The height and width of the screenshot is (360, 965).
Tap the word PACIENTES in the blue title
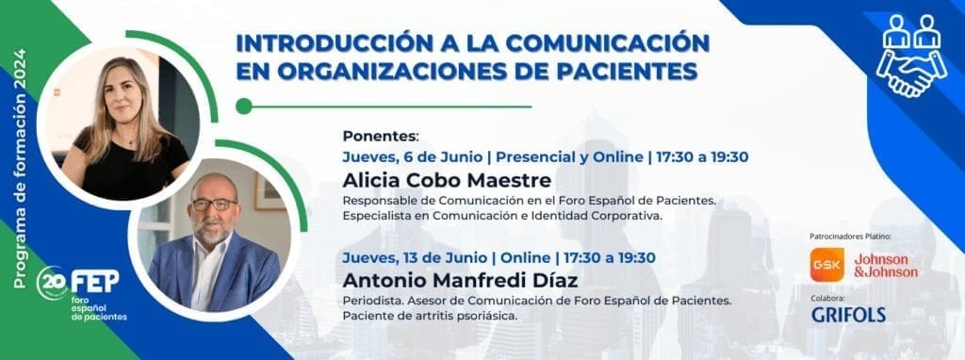tap(622, 71)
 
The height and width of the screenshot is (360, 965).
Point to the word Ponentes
tap(380, 135)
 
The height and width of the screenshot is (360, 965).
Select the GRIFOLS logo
tap(848, 314)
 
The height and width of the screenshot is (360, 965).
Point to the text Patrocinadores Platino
tap(850, 235)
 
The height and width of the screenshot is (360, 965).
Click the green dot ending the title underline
tap(244, 106)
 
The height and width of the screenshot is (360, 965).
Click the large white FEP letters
tap(95, 281)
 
